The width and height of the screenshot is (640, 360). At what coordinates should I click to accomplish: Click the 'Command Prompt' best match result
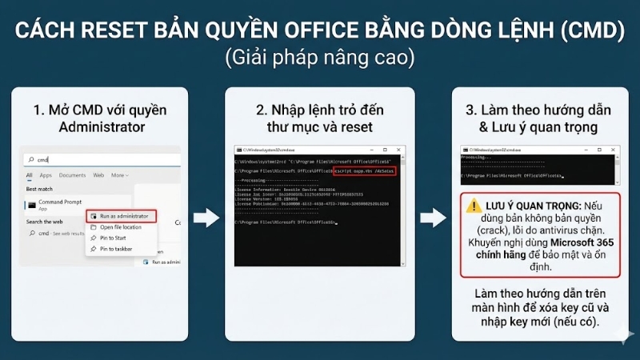pyautogui.click(x=61, y=202)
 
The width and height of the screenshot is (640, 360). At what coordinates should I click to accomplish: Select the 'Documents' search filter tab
pyautogui.click(x=72, y=175)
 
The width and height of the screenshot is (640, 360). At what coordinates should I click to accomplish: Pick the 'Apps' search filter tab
pyautogui.click(x=46, y=175)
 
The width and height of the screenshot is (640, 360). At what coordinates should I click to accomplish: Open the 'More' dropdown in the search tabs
pyautogui.click(x=119, y=175)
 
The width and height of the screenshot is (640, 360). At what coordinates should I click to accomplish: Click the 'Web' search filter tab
pyautogui.click(x=98, y=175)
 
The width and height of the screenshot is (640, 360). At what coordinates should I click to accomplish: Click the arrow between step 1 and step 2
pyautogui.click(x=206, y=218)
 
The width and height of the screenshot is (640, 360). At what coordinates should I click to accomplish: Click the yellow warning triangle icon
pyautogui.click(x=474, y=206)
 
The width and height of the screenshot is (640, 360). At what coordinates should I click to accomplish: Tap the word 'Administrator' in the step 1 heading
pyautogui.click(x=101, y=126)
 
